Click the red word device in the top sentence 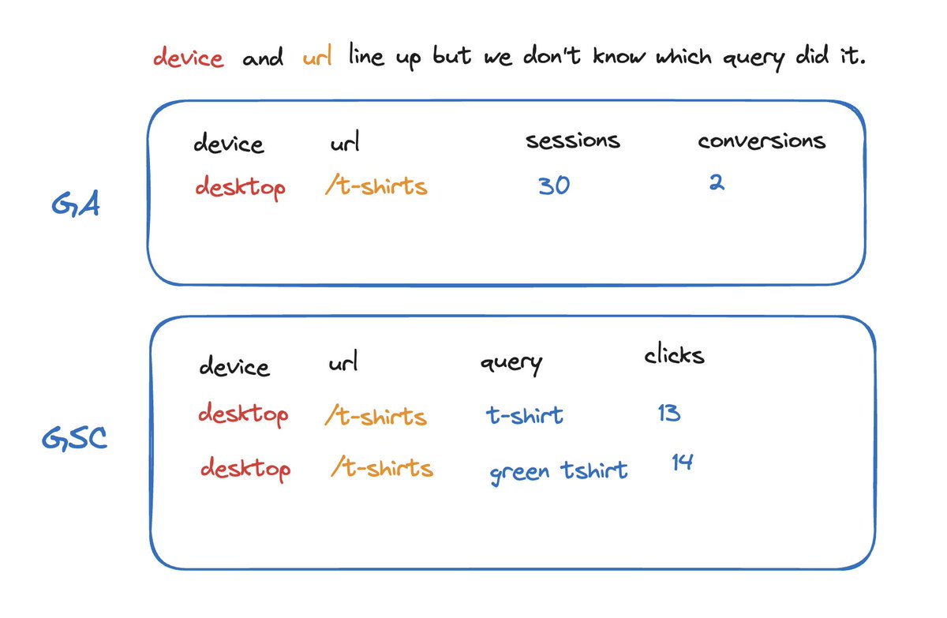[x=188, y=58]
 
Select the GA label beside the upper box [x=75, y=208]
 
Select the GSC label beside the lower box [x=74, y=439]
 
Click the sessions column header [x=573, y=141]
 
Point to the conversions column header [x=762, y=141]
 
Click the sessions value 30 [x=554, y=186]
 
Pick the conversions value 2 [x=716, y=183]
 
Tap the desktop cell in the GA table [x=240, y=188]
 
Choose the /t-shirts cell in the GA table [x=376, y=186]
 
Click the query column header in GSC [x=511, y=364]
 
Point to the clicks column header [x=674, y=356]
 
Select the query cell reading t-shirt [x=524, y=415]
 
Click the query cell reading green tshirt [x=558, y=472]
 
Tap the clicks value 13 [x=668, y=413]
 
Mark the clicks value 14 [x=683, y=463]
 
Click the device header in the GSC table [x=234, y=367]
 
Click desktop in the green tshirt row [x=245, y=469]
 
